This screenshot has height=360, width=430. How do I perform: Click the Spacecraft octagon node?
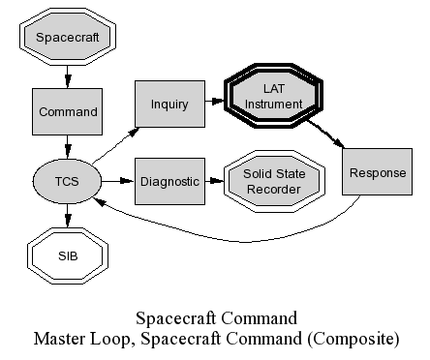68,37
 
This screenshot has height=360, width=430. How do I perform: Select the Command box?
67,111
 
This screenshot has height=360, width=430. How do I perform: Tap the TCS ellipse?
67,181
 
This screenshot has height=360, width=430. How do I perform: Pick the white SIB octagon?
68,256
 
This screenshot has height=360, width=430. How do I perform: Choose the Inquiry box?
169,104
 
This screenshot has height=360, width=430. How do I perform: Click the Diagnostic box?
169,181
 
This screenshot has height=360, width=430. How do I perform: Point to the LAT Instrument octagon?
274,96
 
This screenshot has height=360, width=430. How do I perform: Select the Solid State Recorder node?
274,181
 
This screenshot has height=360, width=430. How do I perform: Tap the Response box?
378,172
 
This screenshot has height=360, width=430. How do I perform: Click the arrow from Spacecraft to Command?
67,76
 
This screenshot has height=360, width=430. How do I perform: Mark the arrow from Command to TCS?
67,147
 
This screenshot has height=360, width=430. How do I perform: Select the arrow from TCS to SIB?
67,216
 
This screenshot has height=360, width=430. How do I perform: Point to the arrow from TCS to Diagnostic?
118,181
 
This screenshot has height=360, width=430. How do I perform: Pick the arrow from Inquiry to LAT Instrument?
215,101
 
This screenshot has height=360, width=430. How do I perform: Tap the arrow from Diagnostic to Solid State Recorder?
214,181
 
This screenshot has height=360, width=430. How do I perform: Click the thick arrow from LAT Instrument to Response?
325,134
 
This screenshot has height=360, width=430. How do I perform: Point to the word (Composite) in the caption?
353,340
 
